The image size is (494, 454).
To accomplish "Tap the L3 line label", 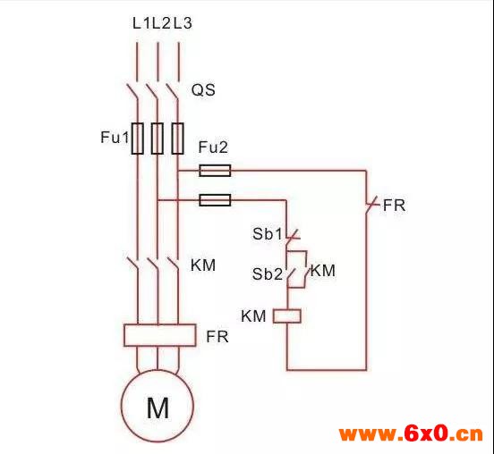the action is (183, 23).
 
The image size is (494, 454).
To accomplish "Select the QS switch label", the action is (203, 90).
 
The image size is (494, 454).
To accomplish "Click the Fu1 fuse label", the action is (115, 138).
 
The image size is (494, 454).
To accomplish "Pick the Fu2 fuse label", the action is (213, 147).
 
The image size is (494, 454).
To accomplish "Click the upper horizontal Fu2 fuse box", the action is (215, 171).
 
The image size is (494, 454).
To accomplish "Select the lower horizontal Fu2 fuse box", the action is (215, 200).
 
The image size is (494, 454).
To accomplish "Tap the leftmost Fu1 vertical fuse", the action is (137, 139).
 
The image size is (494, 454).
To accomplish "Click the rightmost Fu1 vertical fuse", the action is (178, 139).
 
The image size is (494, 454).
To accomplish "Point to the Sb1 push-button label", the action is (268, 234).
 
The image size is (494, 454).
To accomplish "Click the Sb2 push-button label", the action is (268, 274).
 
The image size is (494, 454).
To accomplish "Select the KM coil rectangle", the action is (287, 316).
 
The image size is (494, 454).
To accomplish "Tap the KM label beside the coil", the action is (253, 316).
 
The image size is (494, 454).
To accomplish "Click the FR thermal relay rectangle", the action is (159, 335).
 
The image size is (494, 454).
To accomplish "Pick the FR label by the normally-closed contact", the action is (394, 206).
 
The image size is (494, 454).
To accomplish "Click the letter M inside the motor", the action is (158, 408).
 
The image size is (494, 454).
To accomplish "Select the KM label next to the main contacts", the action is (203, 265).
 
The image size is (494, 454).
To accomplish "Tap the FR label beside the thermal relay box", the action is (217, 337).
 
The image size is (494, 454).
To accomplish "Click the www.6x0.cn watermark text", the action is (411, 434).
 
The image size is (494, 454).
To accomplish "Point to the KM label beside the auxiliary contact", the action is (323, 271).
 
